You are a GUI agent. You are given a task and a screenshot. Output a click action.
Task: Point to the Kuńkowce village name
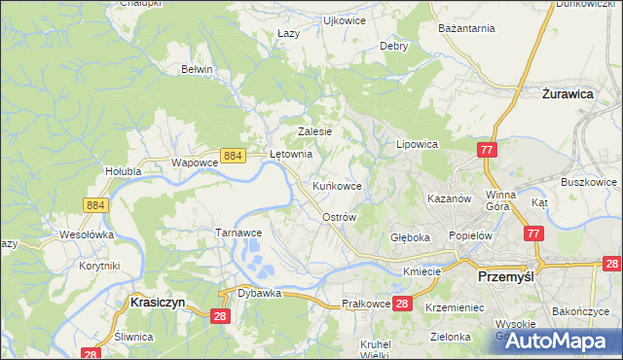click(337, 185)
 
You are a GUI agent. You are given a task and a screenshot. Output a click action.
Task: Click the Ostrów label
click(340, 217)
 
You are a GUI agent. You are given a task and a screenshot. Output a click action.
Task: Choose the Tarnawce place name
click(238, 234)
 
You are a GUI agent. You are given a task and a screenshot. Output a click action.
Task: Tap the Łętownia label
click(290, 154)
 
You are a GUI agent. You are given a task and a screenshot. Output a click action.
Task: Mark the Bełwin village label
click(197, 70)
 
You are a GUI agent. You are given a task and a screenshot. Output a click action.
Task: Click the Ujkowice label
click(343, 19)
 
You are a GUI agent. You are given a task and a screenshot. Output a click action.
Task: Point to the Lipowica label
click(417, 144)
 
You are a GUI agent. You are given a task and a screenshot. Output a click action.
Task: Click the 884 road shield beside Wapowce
click(232, 155)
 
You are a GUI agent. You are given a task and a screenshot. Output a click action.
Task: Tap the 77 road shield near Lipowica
click(488, 149)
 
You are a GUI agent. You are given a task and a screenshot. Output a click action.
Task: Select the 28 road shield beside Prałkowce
click(404, 304)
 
